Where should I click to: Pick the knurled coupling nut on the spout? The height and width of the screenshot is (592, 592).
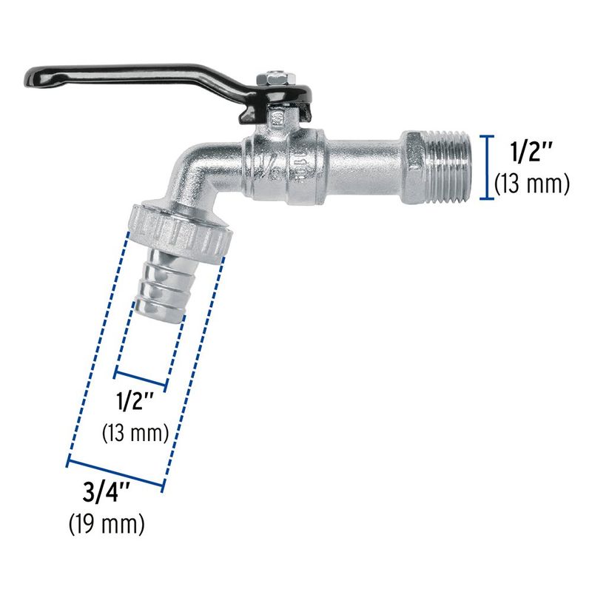pos(181,230)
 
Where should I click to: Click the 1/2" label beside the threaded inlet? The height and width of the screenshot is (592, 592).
pos(531,152)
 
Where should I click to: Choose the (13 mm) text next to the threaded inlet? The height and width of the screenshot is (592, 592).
pos(531,183)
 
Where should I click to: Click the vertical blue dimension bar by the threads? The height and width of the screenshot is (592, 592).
pos(486,167)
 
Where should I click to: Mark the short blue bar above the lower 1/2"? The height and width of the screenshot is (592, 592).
pos(143,377)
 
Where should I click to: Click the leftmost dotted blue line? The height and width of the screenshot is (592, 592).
pos(97,348)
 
